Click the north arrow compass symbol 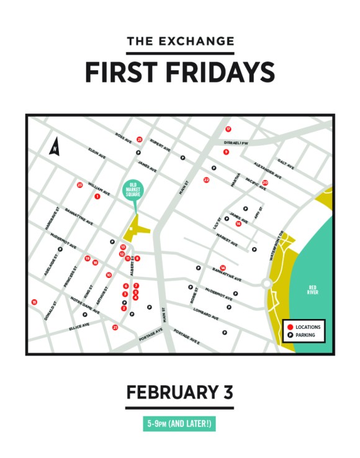55,147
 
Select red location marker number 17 228,129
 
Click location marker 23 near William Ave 79,185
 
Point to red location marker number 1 97,196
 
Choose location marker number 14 223,267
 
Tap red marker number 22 206,180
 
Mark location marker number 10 109,275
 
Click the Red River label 313,289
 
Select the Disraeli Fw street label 236,142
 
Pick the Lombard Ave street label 206,313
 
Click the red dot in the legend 289,326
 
